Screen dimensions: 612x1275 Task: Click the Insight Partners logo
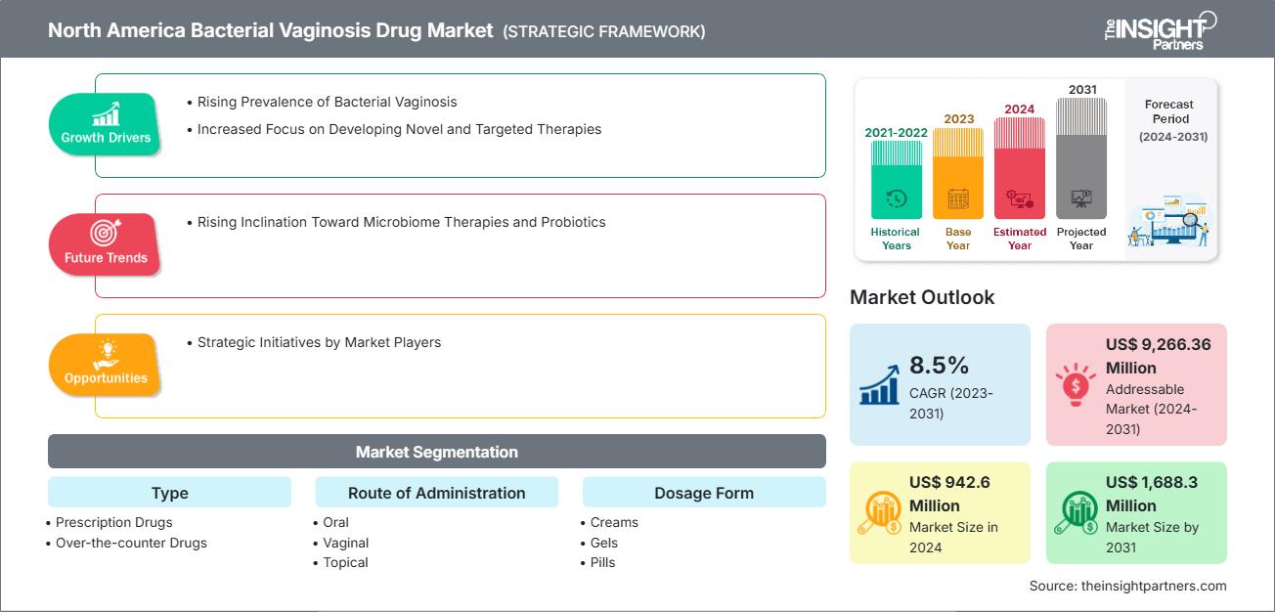pyautogui.click(x=1159, y=29)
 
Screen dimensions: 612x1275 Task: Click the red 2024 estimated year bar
pyautogui.click(x=1020, y=168)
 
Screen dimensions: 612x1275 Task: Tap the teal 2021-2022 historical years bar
pyautogui.click(x=896, y=180)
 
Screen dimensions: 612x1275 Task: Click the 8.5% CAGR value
pyautogui.click(x=939, y=366)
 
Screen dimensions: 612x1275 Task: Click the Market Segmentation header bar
pyautogui.click(x=436, y=452)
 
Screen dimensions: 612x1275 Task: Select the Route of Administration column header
pyautogui.click(x=436, y=493)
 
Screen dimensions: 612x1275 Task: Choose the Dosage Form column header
pyautogui.click(x=704, y=493)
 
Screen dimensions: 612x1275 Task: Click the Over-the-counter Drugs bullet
pyautogui.click(x=131, y=543)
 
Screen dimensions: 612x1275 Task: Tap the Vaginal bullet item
pyautogui.click(x=345, y=543)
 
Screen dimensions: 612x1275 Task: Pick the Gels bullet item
pyautogui.click(x=603, y=543)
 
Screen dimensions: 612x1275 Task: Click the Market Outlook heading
pyautogui.click(x=922, y=297)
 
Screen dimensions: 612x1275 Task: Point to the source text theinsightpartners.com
pyautogui.click(x=1127, y=586)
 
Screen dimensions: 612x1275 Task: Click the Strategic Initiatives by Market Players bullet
pyautogui.click(x=319, y=342)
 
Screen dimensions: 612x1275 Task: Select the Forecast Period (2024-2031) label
pyautogui.click(x=1171, y=120)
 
